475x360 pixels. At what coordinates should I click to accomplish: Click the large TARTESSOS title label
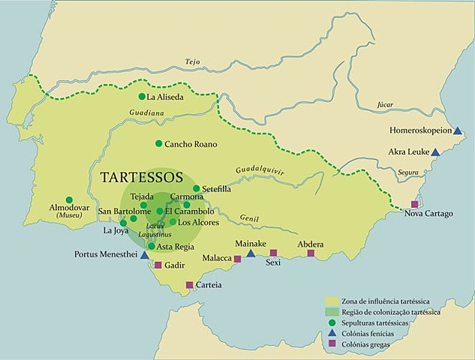pos(142,178)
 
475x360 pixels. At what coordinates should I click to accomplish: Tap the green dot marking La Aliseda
pos(142,97)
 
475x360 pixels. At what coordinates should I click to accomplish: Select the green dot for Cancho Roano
pos(158,143)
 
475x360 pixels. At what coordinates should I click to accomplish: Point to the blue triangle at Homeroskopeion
pos(457,130)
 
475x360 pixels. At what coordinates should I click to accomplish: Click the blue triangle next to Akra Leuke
pos(435,151)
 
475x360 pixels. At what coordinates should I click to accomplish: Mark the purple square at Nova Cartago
pos(414,204)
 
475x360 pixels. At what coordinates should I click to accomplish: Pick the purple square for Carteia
pos(189,284)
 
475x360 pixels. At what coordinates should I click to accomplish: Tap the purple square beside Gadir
pos(158,265)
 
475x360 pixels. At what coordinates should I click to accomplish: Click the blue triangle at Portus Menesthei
pos(144,255)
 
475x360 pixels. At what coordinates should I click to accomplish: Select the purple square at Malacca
pos(237,259)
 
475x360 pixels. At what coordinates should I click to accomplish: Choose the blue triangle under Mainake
pos(251,253)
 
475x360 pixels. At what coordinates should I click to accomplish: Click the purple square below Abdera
pos(311,253)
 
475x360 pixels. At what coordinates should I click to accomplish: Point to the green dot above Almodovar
pos(69,200)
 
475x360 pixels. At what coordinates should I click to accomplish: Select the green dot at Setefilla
pos(197,189)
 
